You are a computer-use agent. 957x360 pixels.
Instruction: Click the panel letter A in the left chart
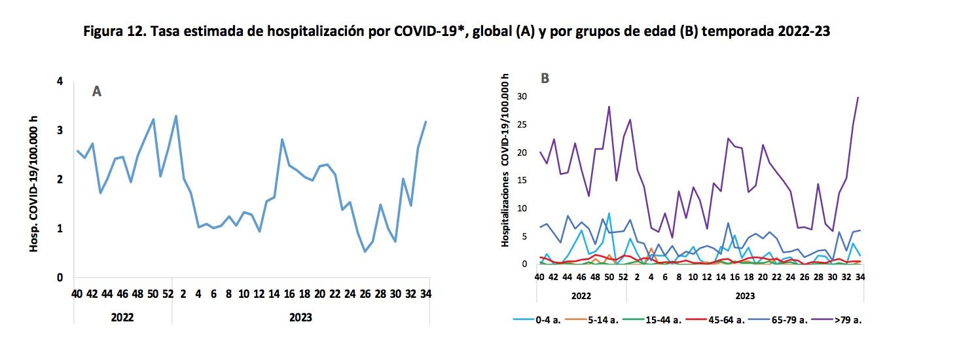(x=96, y=92)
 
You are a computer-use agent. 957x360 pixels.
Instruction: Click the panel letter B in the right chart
(x=545, y=79)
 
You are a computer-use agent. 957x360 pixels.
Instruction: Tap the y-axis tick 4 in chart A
(x=60, y=82)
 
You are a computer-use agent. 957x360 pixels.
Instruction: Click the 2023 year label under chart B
(x=745, y=295)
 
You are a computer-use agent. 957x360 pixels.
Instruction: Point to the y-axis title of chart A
(x=34, y=179)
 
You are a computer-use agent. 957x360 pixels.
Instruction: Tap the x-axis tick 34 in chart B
(x=858, y=277)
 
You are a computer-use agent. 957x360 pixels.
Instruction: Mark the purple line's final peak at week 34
(x=858, y=98)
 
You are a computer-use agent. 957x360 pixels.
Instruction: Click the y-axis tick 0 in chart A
(x=60, y=278)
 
